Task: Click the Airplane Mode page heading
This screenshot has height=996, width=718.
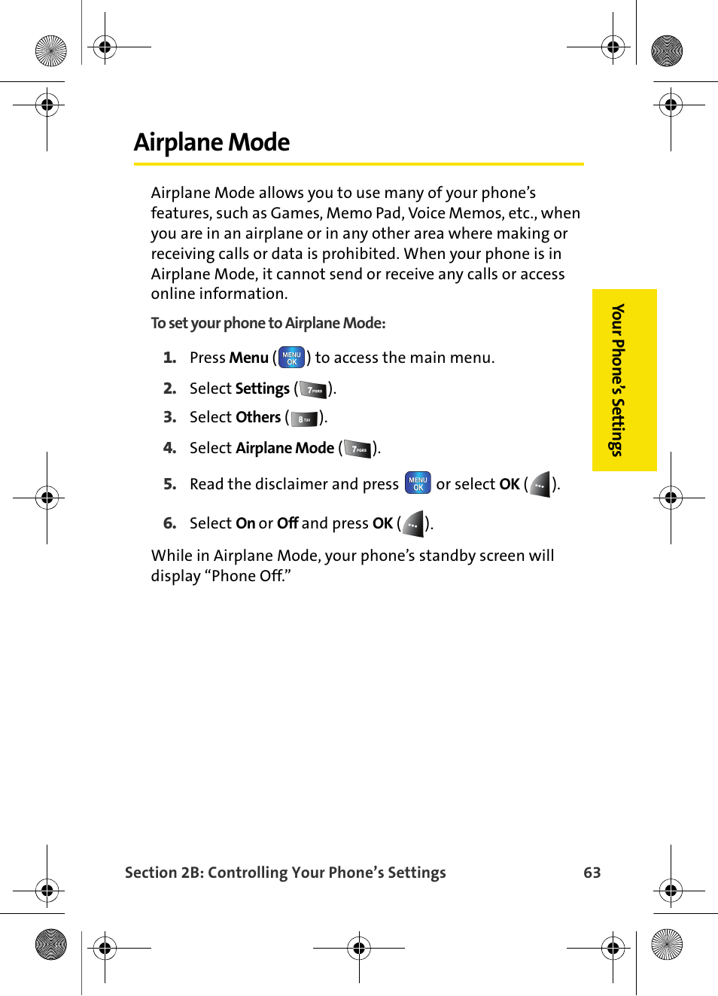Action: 211,142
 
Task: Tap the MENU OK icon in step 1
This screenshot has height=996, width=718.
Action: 291,358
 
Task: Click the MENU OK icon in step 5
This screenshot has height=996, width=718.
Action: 418,483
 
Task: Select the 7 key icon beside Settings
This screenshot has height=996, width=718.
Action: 314,389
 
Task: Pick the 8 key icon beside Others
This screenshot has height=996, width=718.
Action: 305,419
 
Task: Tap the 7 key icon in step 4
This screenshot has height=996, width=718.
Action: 358,449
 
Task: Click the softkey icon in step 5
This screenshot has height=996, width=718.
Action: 540,485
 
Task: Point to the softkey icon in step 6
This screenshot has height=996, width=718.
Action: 413,524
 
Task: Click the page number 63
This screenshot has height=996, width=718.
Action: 592,873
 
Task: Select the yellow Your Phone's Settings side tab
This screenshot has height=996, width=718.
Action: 624,380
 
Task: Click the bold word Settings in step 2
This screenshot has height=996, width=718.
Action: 262,388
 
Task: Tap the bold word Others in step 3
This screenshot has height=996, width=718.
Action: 258,417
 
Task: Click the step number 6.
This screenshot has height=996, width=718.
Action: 170,523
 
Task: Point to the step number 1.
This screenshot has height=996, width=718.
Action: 170,358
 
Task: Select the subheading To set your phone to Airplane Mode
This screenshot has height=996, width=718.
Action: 268,323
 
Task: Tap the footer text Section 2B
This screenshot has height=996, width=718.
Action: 163,873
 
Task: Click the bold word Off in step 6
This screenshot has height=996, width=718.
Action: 288,523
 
